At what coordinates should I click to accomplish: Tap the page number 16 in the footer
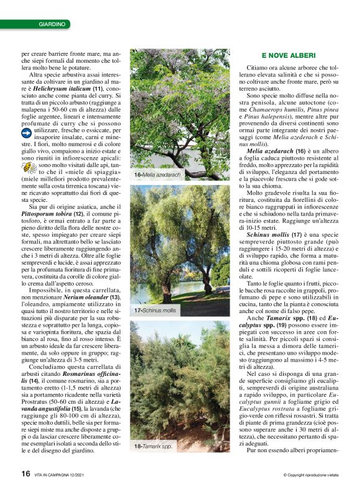tap(25, 473)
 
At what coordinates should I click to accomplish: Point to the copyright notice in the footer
tap(308, 475)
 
